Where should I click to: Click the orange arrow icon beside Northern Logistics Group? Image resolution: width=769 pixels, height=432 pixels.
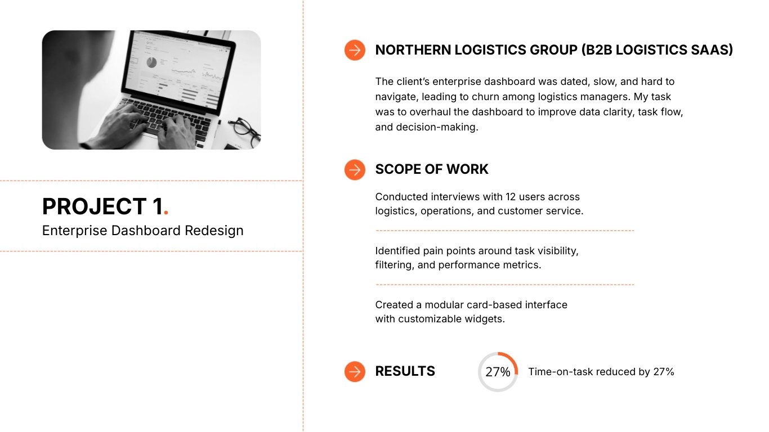click(355, 50)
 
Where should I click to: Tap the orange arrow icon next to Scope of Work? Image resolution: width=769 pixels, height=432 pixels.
click(355, 169)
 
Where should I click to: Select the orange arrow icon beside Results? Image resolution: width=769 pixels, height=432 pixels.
click(355, 371)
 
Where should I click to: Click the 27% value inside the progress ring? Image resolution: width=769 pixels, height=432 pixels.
click(498, 372)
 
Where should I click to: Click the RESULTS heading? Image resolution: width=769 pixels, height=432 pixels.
click(405, 371)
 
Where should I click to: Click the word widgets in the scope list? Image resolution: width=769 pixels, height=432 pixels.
click(486, 319)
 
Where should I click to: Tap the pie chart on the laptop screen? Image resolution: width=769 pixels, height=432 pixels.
click(151, 62)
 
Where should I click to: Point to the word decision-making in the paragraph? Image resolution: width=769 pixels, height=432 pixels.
click(426, 127)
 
